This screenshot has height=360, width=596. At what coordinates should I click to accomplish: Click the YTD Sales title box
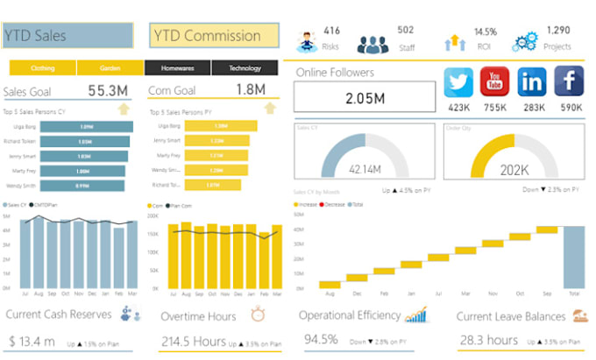click(x=67, y=36)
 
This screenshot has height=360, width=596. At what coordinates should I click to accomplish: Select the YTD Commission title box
click(x=215, y=36)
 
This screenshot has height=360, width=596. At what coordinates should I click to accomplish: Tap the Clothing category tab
click(x=42, y=68)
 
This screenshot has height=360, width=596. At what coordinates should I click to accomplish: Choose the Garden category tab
click(x=110, y=68)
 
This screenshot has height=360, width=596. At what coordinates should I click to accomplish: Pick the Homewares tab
click(x=178, y=68)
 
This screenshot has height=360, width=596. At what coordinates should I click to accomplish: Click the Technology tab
click(x=245, y=68)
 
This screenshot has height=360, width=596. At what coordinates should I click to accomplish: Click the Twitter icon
click(x=458, y=83)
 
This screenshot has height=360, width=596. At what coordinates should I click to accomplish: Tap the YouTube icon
click(x=495, y=83)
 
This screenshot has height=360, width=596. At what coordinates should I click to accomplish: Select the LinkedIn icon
click(x=532, y=83)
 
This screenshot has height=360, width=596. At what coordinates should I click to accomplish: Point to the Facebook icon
click(x=568, y=83)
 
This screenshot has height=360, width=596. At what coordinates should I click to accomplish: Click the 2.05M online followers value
click(x=365, y=98)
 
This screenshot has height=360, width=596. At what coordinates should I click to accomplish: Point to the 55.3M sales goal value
click(x=109, y=90)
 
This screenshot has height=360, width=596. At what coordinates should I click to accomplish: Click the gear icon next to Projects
click(x=526, y=40)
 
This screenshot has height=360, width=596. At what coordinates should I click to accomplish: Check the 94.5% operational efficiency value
click(x=321, y=339)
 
